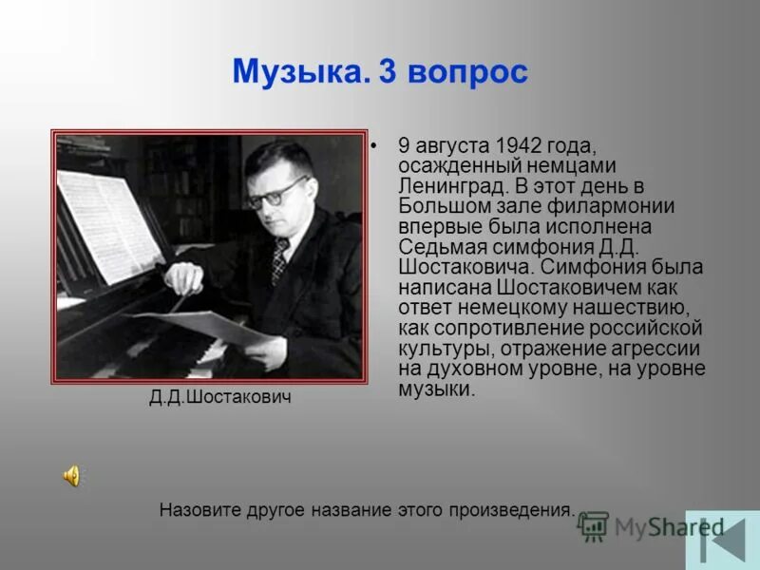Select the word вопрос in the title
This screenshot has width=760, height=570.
click(467, 73)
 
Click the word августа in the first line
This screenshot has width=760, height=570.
click(450, 145)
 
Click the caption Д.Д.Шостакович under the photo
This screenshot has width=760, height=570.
click(220, 398)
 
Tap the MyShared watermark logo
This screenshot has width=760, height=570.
click(652, 527)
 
